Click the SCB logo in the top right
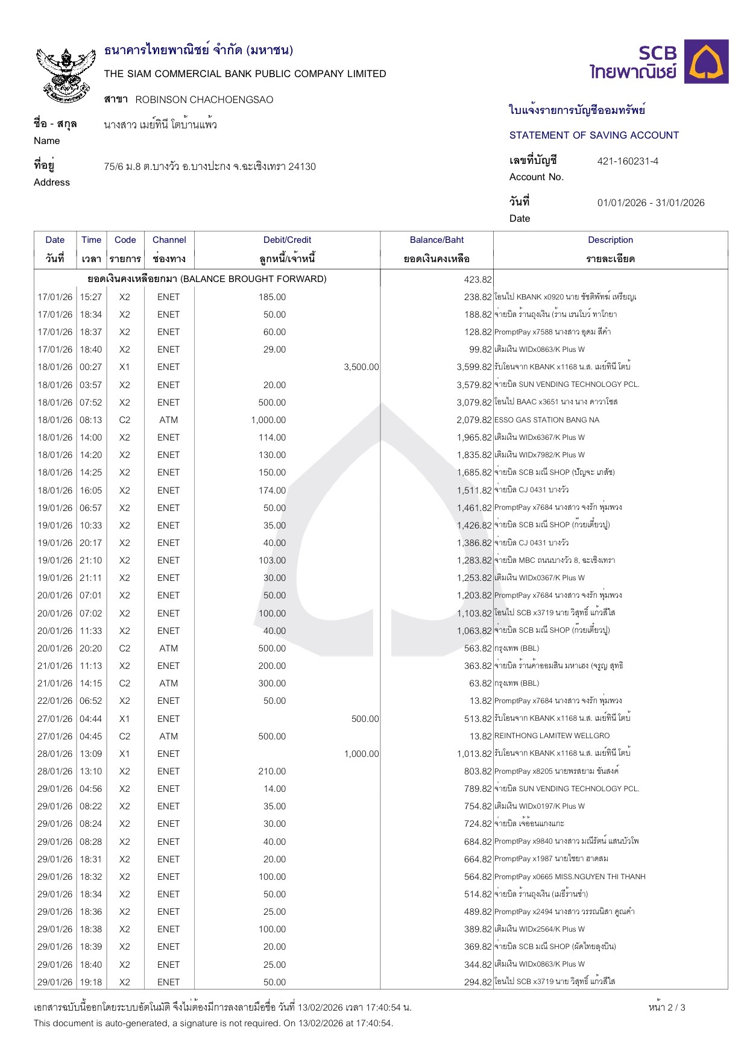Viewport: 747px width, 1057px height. click(659, 62)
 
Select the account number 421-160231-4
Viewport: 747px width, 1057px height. click(628, 162)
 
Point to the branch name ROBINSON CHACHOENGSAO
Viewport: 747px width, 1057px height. click(204, 100)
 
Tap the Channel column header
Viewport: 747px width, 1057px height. click(169, 240)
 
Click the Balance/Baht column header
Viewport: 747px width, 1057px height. click(437, 240)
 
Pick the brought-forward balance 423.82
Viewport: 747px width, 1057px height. click(478, 280)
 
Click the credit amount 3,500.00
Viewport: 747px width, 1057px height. click(361, 367)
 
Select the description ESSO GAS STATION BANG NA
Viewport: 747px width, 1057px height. click(547, 420)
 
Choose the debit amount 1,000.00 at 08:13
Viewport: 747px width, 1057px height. click(268, 420)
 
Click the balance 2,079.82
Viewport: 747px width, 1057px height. click(474, 420)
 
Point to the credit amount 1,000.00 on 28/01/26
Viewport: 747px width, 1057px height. click(361, 754)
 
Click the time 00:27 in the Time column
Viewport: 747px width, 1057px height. click(91, 367)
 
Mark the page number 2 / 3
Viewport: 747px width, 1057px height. click(667, 1008)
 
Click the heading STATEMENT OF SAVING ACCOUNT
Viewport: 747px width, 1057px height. click(594, 136)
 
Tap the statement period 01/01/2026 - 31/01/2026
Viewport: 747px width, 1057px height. click(651, 203)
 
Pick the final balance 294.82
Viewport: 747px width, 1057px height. click(478, 982)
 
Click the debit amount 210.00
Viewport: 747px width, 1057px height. click(272, 771)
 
